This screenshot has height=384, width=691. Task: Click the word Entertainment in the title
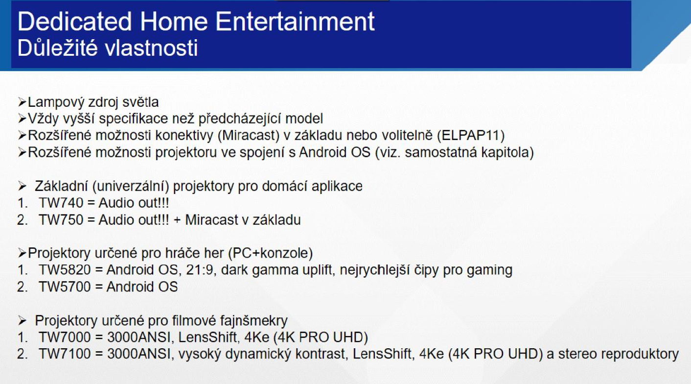(295, 22)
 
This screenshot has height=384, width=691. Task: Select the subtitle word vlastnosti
(151, 48)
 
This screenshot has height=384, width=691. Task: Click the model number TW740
(61, 203)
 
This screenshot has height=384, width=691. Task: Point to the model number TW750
(61, 220)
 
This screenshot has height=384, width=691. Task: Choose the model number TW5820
(65, 270)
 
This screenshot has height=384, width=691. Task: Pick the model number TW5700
(65, 287)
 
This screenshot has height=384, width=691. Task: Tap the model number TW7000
(65, 337)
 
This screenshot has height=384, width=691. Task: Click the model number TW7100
(65, 354)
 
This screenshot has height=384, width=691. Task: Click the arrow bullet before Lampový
(22, 102)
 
